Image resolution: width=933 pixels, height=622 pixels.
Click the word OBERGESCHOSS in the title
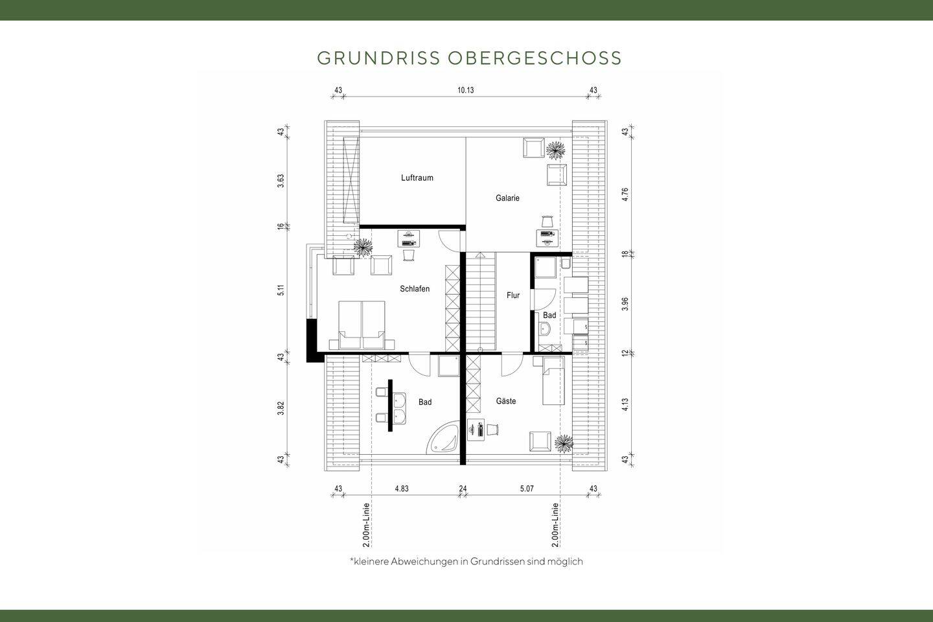[x=535, y=58]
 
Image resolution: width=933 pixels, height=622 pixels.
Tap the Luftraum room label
[x=417, y=178]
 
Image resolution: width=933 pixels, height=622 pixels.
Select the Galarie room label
[x=507, y=198]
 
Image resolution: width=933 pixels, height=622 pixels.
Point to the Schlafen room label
[x=415, y=289]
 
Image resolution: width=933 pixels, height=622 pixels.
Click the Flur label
[x=513, y=295]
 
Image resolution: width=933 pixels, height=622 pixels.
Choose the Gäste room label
[x=506, y=402]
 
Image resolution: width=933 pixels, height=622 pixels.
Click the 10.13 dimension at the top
[x=465, y=90]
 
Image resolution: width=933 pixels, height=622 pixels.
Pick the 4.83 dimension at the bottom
[x=401, y=489]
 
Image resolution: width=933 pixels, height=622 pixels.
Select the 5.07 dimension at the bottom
[x=527, y=489]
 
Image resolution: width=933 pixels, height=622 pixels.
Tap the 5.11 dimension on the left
[x=281, y=291]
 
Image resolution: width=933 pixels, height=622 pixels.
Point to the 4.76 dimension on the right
[x=625, y=195]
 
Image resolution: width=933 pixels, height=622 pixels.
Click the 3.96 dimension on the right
[x=625, y=304]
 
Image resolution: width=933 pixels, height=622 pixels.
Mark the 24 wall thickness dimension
[x=463, y=489]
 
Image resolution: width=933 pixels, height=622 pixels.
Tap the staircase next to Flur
[x=481, y=301]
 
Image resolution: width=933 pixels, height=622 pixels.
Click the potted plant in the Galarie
[x=555, y=150]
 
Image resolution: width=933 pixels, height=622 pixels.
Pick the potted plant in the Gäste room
[x=564, y=443]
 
